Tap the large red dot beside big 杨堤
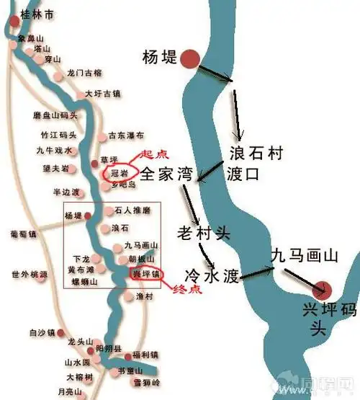(x=189, y=59)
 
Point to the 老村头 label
(x=203, y=232)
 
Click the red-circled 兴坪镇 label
(x=147, y=275)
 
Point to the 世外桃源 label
(x=30, y=275)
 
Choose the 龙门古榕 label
(x=84, y=73)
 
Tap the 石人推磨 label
(x=132, y=210)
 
